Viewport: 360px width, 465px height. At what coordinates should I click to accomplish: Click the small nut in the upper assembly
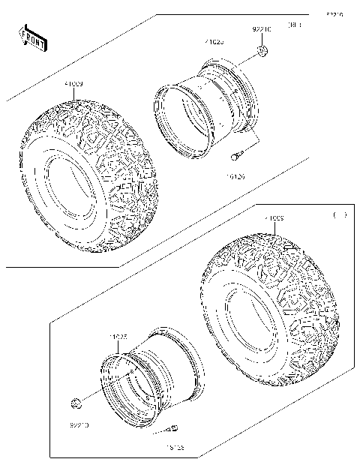(262, 51)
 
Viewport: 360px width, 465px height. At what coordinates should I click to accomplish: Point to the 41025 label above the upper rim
(214, 43)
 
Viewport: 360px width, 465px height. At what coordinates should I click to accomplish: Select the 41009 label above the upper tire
(73, 85)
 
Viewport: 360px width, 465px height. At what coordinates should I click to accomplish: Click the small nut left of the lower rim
(75, 406)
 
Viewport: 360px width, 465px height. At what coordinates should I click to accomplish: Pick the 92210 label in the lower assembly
(78, 424)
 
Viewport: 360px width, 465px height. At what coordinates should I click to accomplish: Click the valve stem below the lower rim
(172, 429)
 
